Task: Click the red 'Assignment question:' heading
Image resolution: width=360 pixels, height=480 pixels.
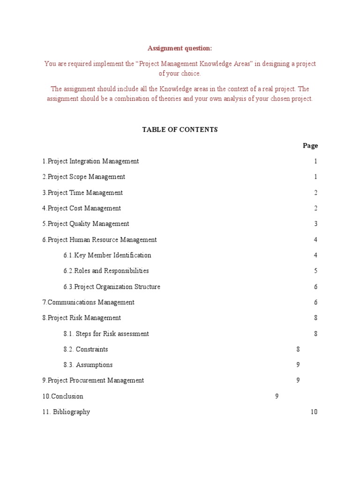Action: [180, 48]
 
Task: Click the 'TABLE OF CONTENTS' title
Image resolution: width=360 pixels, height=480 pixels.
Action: [180, 130]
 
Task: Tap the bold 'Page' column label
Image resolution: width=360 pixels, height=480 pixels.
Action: [310, 146]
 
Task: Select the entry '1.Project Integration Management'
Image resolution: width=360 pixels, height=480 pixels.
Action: [90, 161]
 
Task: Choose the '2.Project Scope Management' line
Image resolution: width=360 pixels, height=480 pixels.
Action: [84, 177]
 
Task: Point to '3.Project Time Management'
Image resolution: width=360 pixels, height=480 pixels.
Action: [82, 193]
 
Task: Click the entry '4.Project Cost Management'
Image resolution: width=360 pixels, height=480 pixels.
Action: [82, 209]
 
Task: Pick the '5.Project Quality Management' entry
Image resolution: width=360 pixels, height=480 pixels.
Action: [86, 224]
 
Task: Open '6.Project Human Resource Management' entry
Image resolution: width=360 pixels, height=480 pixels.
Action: [99, 240]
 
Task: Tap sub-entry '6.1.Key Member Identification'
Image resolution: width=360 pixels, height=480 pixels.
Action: [107, 255]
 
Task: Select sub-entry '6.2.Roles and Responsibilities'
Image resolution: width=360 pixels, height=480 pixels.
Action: [106, 271]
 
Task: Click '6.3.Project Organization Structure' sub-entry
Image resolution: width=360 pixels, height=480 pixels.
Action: [112, 287]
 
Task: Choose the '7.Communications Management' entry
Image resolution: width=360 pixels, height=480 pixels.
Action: [88, 302]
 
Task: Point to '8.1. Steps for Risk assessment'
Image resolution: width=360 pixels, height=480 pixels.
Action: [106, 334]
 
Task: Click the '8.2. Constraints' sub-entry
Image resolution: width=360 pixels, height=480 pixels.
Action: [86, 349]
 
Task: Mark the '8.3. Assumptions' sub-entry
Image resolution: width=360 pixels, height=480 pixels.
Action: [88, 365]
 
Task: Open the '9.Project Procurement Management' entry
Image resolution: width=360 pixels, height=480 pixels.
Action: [93, 381]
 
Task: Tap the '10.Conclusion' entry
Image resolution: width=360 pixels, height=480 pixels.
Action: [63, 397]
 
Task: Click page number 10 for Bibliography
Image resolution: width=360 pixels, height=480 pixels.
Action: [314, 412]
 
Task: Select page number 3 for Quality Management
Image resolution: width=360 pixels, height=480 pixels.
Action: [316, 224]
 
